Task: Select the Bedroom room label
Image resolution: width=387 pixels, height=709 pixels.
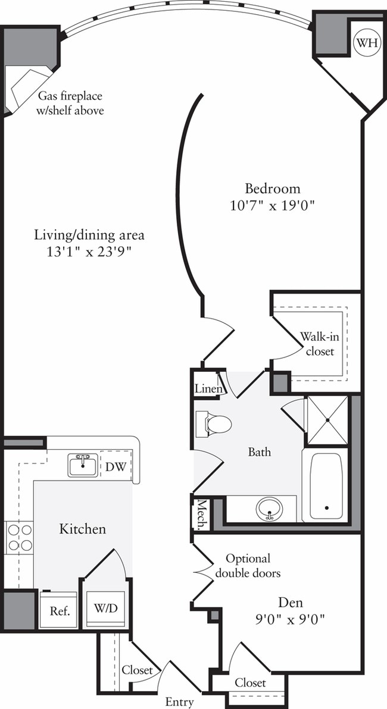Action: pyautogui.click(x=273, y=189)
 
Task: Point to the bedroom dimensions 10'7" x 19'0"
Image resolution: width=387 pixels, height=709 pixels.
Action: pyautogui.click(x=273, y=206)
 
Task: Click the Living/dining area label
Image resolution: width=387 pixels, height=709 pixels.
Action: pyautogui.click(x=89, y=234)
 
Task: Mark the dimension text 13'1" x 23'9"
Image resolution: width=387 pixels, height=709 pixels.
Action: pyautogui.click(x=89, y=251)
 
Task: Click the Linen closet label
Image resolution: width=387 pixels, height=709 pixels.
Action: pyautogui.click(x=209, y=389)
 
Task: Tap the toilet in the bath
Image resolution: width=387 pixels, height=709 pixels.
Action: pyautogui.click(x=214, y=424)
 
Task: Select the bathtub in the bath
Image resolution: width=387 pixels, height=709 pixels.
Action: pyautogui.click(x=325, y=487)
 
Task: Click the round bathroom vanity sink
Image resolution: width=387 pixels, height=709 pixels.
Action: pyautogui.click(x=269, y=509)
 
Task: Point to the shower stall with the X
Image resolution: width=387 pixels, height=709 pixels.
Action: pyautogui.click(x=326, y=420)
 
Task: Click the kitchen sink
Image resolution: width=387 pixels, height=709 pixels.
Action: pyautogui.click(x=83, y=465)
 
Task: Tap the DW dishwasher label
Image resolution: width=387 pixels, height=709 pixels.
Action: pyautogui.click(x=116, y=466)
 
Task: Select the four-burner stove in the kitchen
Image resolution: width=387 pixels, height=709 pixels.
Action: pyautogui.click(x=20, y=537)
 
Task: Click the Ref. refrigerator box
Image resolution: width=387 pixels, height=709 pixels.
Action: pyautogui.click(x=58, y=610)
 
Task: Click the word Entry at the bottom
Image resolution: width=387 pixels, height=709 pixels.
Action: pyautogui.click(x=179, y=702)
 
